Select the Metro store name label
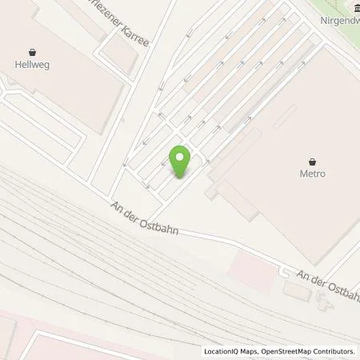[x=312, y=174]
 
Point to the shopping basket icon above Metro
[x=312, y=159]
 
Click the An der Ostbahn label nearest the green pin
[x=145, y=220]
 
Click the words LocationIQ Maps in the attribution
[x=230, y=351]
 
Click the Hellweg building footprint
[x=56, y=88]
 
